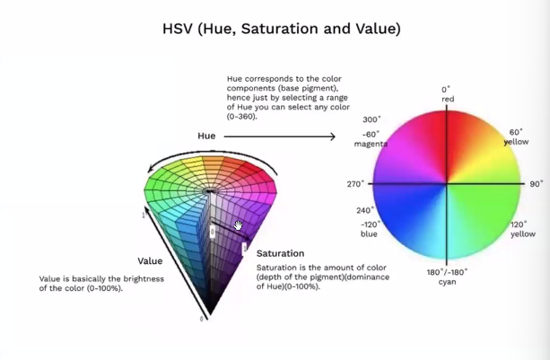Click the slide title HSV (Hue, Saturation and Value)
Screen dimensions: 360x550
pyautogui.click(x=275, y=29)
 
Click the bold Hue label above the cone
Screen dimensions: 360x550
pyautogui.click(x=206, y=136)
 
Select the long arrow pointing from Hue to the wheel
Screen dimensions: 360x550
pyautogui.click(x=279, y=136)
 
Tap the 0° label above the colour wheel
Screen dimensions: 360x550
pyautogui.click(x=446, y=89)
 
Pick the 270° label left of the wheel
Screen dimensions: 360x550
pyautogui.click(x=355, y=184)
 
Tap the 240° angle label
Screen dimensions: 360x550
pyautogui.click(x=366, y=211)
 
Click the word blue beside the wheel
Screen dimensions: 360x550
pyautogui.click(x=368, y=234)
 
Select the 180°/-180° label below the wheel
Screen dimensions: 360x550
pyautogui.click(x=447, y=271)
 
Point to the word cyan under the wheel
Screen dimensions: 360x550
pyautogui.click(x=447, y=282)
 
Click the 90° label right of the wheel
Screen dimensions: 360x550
pyautogui.click(x=537, y=184)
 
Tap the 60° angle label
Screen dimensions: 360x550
pyautogui.click(x=516, y=132)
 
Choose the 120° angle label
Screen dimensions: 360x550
pyautogui.click(x=518, y=224)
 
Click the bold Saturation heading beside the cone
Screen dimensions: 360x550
pyautogui.click(x=280, y=254)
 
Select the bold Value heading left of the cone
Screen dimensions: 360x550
pyautogui.click(x=150, y=261)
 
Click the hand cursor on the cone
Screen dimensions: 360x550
pyautogui.click(x=238, y=224)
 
